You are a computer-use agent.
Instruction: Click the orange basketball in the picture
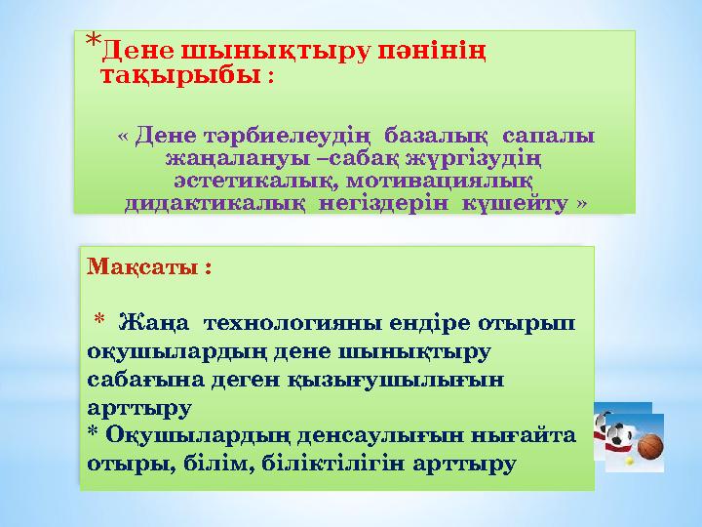(x=649, y=447)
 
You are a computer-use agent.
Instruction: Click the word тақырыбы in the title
(x=180, y=75)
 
